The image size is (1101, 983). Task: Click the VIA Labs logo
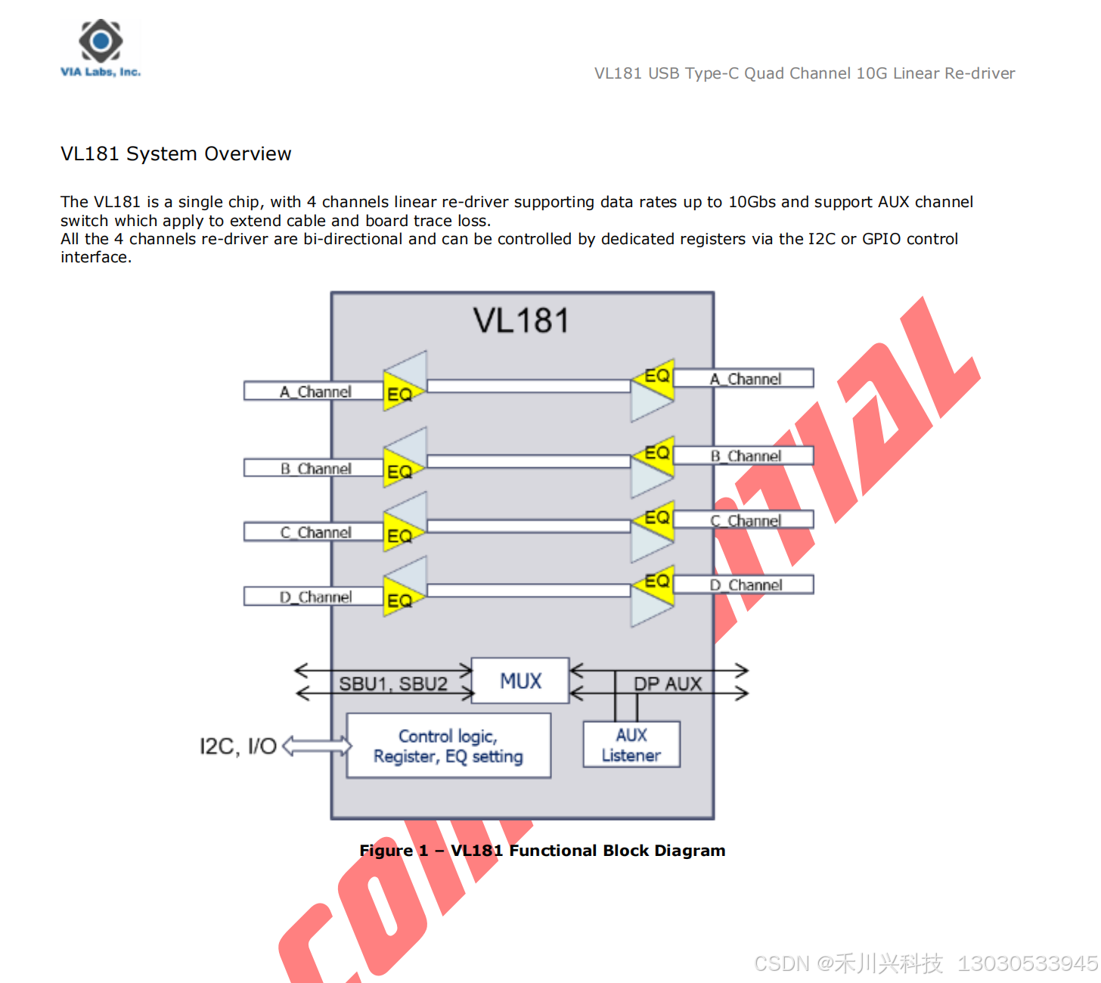(x=101, y=48)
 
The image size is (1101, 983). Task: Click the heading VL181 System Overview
(x=175, y=153)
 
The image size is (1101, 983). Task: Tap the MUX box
(x=520, y=681)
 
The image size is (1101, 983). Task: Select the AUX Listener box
(x=631, y=745)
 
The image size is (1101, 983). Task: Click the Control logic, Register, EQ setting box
(x=448, y=746)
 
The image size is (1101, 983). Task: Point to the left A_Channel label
(x=315, y=392)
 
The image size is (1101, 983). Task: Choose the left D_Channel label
(x=315, y=597)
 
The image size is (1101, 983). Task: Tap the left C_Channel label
(x=315, y=532)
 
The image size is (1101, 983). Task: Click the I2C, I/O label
(x=237, y=746)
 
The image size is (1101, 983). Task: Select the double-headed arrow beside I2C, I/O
(x=317, y=746)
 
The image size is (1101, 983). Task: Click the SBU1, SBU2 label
(x=392, y=684)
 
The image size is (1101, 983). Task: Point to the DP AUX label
(x=668, y=684)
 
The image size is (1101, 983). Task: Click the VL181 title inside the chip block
(x=521, y=321)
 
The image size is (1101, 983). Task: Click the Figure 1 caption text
(x=542, y=851)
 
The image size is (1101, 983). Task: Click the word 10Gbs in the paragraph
(x=752, y=202)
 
